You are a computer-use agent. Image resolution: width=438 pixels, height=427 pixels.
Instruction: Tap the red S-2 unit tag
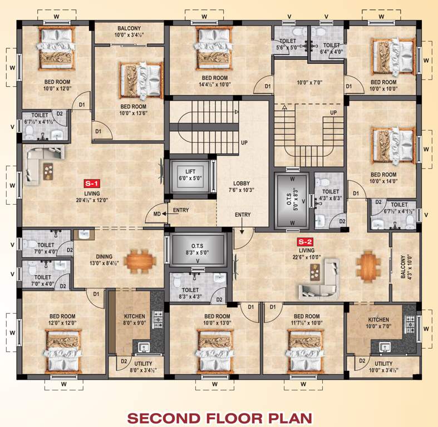click(x=304, y=242)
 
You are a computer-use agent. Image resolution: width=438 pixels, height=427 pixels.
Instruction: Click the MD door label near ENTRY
click(x=157, y=214)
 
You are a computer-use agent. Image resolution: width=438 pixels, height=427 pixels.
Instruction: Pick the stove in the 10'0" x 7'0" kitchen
click(x=411, y=322)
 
